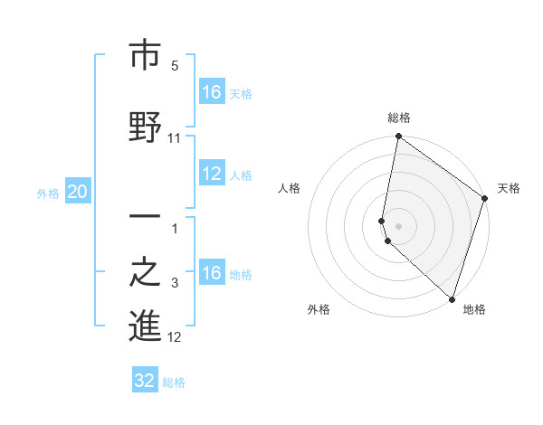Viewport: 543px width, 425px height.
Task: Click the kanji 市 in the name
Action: [145, 56]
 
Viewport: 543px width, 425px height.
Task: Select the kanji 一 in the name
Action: [145, 218]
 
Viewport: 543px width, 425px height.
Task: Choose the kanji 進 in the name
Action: [145, 327]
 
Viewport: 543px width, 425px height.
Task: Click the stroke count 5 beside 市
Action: [175, 66]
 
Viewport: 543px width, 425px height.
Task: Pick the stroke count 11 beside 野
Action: [175, 138]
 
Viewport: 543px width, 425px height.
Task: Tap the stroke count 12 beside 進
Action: [175, 337]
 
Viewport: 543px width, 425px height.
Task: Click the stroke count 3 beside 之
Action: [175, 283]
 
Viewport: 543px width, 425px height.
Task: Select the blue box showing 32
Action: [145, 381]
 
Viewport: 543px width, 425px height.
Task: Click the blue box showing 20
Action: [77, 192]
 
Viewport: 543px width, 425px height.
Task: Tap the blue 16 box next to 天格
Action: [212, 92]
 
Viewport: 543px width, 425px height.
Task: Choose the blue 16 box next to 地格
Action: [212, 273]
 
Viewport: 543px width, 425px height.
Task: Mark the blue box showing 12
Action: [212, 175]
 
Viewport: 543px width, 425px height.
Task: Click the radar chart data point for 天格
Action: [485, 199]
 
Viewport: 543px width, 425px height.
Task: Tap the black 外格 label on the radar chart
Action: [319, 310]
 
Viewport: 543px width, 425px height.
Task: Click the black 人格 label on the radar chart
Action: [290, 188]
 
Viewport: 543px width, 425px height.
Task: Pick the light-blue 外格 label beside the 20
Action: [47, 193]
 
